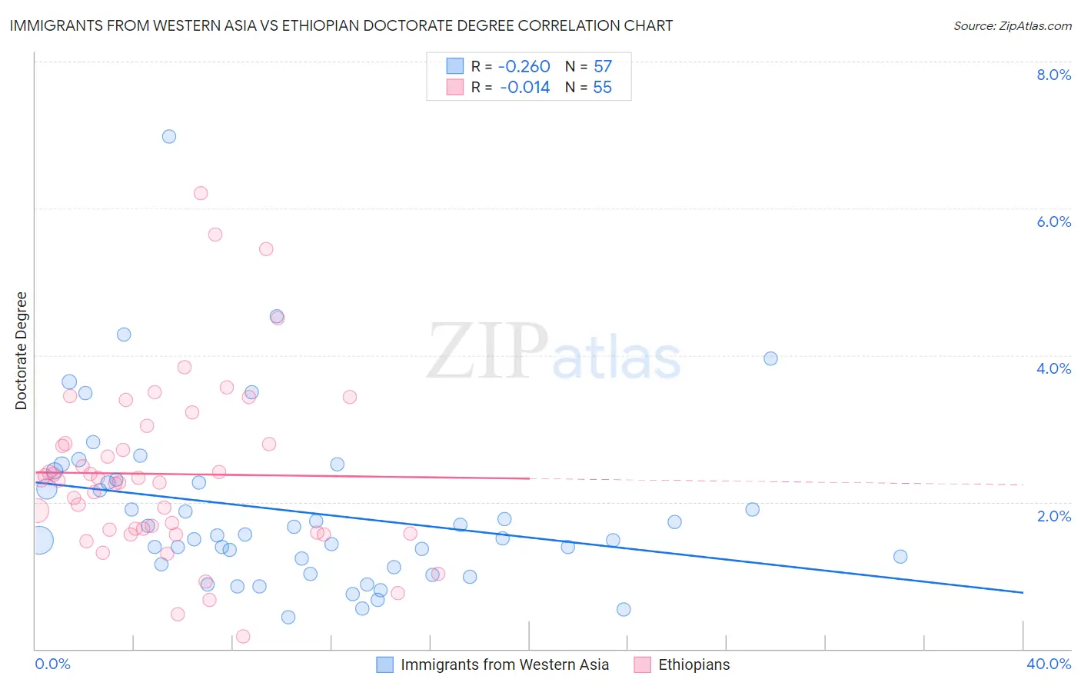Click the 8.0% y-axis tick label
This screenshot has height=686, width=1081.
[1053, 75]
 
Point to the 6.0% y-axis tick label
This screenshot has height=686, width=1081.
[1053, 221]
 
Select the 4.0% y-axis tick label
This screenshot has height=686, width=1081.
[1053, 368]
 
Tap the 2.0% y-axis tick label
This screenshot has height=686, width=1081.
[1053, 516]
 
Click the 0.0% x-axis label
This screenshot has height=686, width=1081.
[52, 664]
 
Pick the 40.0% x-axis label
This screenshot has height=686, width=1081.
[1048, 664]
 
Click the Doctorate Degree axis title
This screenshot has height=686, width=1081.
[21, 351]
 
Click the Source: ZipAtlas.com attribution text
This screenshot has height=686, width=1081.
[1012, 25]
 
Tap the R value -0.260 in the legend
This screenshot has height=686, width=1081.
[524, 66]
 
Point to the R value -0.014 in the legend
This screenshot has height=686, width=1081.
[524, 87]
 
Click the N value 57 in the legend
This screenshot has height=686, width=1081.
[603, 66]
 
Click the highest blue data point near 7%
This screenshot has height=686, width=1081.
[169, 137]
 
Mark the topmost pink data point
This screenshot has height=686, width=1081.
[201, 193]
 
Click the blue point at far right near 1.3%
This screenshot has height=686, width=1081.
[900, 557]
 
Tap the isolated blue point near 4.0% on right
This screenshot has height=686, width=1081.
[770, 358]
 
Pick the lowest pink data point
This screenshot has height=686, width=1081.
[243, 636]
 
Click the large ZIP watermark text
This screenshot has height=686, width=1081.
[487, 351]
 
